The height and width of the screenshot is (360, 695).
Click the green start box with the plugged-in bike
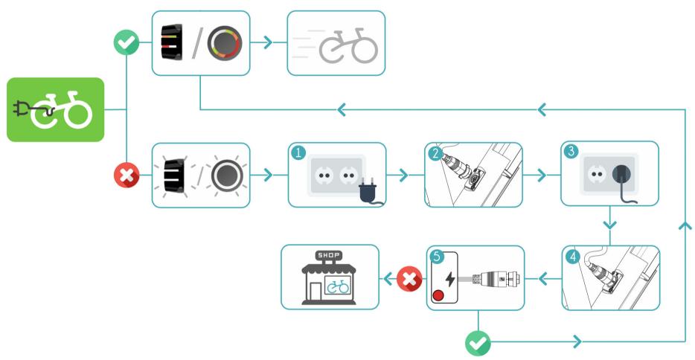[x=56, y=109]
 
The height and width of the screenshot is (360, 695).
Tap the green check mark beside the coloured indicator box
[x=127, y=43]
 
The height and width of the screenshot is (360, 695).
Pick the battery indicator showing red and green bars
[x=171, y=43]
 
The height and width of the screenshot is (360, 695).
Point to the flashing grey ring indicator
[x=222, y=176]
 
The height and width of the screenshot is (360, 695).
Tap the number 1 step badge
[x=297, y=153]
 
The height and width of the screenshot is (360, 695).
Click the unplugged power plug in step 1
[x=367, y=193]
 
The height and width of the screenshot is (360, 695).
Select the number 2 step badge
[x=434, y=153]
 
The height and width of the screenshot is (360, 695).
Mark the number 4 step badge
[x=571, y=256]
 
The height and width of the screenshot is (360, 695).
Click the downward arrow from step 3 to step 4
[x=609, y=222]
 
